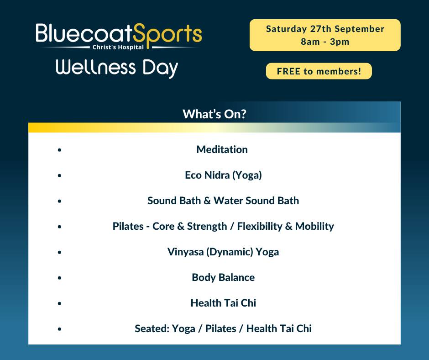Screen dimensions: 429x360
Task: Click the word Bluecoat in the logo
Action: tap(84, 34)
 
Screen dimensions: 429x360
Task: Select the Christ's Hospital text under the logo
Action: tap(118, 47)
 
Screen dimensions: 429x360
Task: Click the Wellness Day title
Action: tap(117, 68)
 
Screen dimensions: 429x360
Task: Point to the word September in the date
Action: tap(359, 29)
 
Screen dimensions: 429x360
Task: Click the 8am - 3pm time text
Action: tap(325, 42)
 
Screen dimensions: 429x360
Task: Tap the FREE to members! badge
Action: tap(319, 71)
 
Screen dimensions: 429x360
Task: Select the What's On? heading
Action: tap(214, 114)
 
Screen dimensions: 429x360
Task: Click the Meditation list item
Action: tap(222, 149)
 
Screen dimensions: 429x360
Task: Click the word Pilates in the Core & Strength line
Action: tap(128, 226)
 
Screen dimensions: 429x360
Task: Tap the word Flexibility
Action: tap(260, 226)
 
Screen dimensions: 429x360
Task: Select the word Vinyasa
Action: tap(185, 252)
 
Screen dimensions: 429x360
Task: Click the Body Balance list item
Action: tap(223, 277)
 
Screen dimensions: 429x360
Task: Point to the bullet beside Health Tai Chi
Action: tap(60, 303)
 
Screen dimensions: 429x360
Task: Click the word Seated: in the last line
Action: tap(152, 328)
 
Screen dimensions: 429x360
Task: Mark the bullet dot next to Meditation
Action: tap(60, 149)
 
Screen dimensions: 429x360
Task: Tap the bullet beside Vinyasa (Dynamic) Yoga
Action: tap(60, 252)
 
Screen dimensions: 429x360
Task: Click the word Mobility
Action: tap(314, 226)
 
